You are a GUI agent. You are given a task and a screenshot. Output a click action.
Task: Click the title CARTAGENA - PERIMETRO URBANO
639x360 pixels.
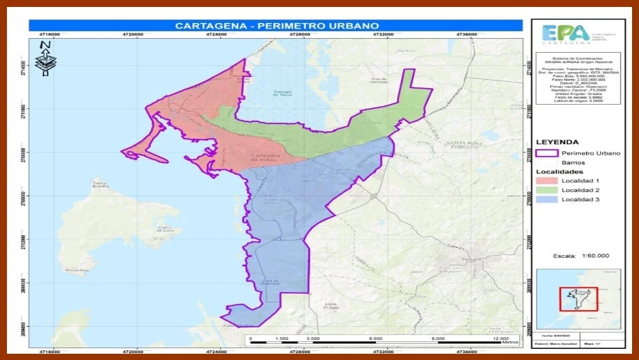(x=275, y=26)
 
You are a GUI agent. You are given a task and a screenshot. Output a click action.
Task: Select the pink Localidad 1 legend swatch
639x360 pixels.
(x=546, y=180)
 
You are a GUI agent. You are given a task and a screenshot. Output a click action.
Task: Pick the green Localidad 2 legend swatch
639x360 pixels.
(x=546, y=190)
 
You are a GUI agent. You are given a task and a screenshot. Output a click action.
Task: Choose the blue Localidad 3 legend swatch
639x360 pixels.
(x=546, y=200)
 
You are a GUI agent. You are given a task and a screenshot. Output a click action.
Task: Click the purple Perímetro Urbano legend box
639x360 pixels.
(x=546, y=153)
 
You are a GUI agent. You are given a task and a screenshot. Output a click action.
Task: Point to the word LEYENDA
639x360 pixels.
(x=557, y=142)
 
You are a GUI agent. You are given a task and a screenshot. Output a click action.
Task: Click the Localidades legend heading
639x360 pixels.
(x=559, y=171)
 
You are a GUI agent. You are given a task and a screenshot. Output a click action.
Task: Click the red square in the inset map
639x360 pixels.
(x=573, y=298)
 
